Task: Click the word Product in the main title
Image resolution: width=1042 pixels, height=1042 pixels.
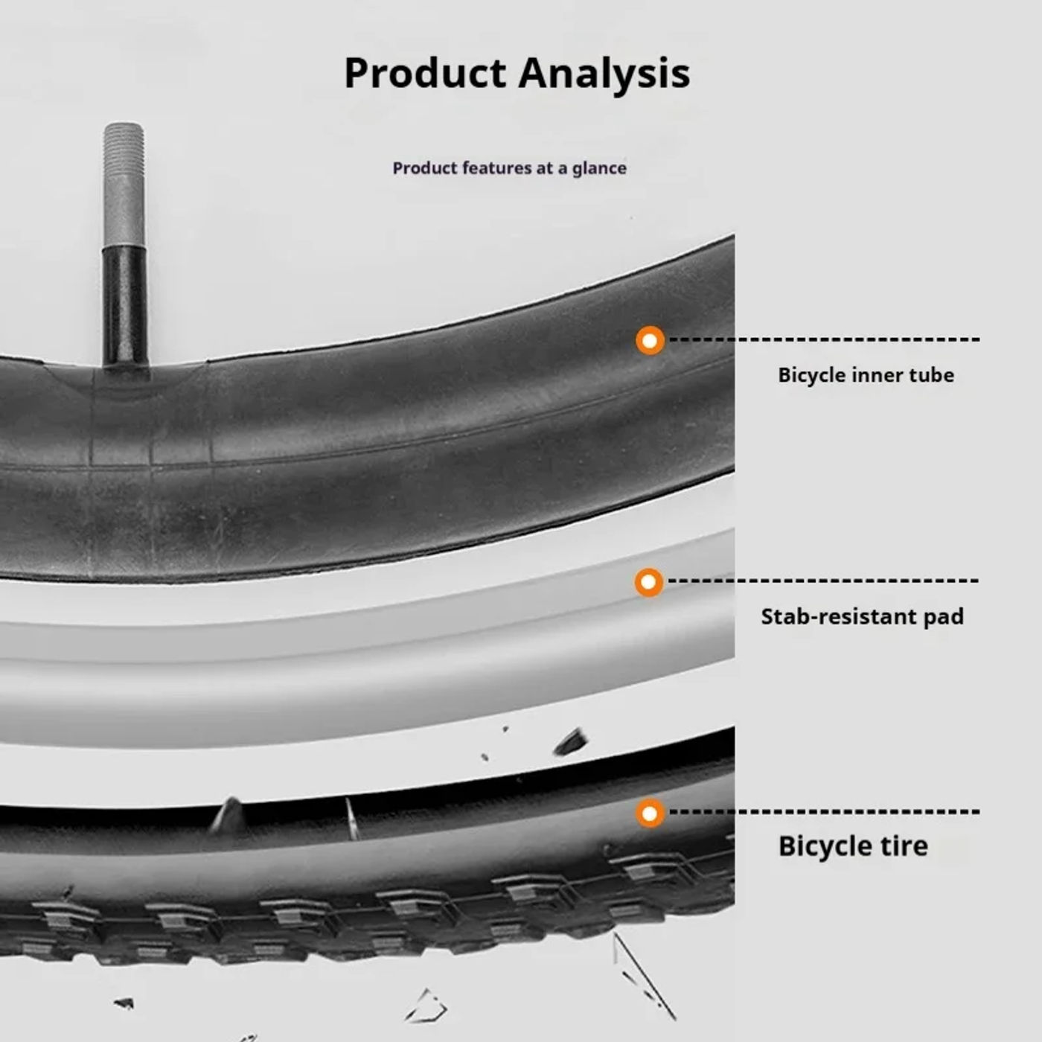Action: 425,73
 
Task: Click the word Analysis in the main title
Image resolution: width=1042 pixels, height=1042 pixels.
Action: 604,73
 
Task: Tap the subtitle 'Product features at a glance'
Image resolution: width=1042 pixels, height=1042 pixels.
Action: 509,168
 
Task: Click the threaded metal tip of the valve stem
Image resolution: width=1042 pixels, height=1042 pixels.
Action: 124,183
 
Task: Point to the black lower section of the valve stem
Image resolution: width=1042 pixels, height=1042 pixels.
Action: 124,305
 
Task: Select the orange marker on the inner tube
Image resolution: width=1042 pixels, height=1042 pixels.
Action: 650,341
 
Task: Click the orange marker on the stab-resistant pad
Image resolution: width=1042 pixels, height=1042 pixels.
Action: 649,582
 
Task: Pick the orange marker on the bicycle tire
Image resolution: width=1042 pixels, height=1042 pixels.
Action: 650,813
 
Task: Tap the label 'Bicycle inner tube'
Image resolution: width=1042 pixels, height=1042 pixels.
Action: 866,374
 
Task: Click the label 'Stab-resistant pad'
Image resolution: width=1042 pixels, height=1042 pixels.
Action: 862,616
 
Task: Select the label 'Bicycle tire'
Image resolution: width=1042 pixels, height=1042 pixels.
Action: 853,846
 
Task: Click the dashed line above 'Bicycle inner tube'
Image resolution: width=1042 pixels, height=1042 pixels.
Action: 824,339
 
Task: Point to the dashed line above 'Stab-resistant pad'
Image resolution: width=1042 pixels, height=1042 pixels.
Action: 822,581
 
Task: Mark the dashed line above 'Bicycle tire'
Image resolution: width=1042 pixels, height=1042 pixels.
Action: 824,811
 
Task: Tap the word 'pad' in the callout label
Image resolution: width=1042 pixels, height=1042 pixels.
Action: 943,616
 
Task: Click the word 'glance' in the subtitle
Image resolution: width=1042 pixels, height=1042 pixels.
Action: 599,168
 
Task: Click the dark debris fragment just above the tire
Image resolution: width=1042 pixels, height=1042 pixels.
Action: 571,741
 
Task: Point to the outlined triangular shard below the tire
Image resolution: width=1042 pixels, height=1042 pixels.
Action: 427,1006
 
